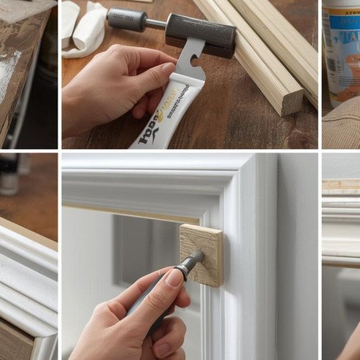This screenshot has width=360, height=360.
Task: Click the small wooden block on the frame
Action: click(202, 254)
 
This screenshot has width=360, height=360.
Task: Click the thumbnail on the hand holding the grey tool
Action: click(174, 278)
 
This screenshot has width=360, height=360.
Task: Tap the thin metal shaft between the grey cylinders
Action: click(155, 23)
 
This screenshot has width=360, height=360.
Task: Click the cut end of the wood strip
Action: click(292, 101)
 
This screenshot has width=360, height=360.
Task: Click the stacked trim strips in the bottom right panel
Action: click(341, 216)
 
